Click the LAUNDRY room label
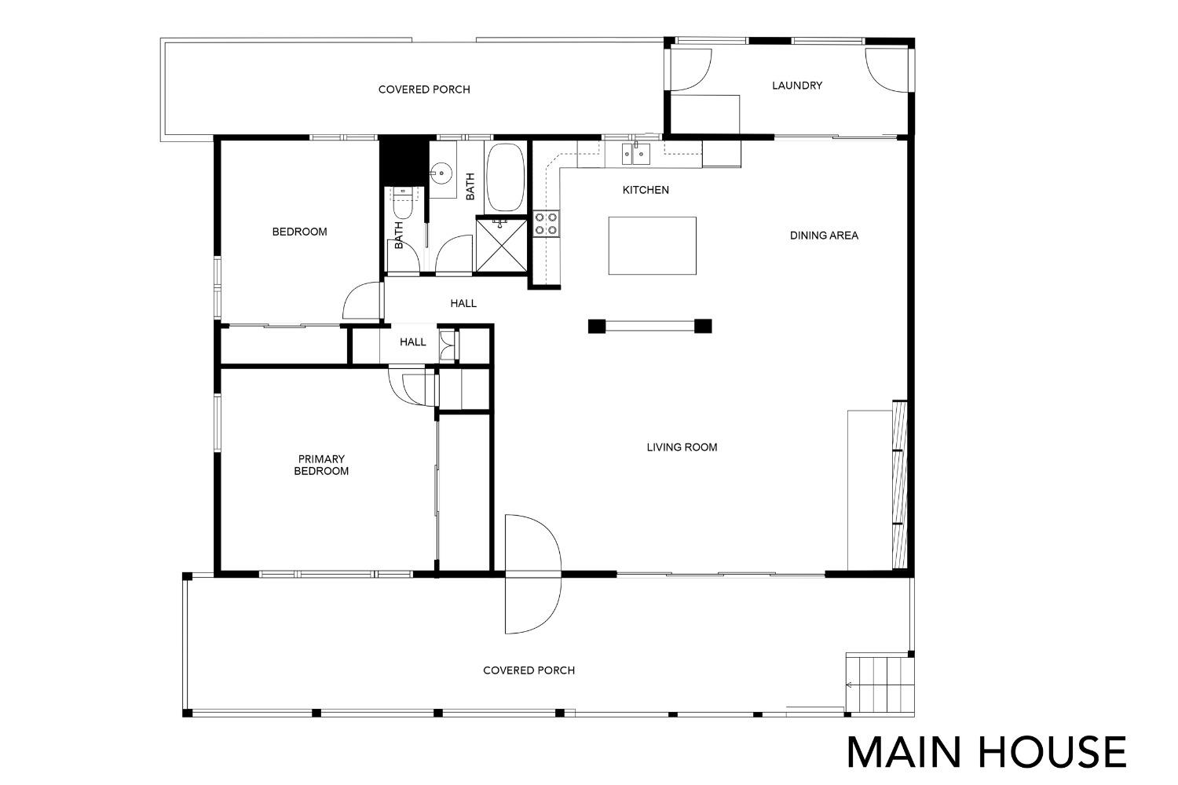pyautogui.click(x=797, y=86)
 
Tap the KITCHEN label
pyautogui.click(x=646, y=190)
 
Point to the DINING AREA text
pyautogui.click(x=824, y=235)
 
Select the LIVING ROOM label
pyautogui.click(x=682, y=447)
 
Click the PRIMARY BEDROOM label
pyautogui.click(x=320, y=466)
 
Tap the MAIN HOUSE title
pyautogui.click(x=986, y=752)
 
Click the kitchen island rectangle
pyautogui.click(x=652, y=246)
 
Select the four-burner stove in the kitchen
pyautogui.click(x=547, y=224)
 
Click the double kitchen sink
pyautogui.click(x=636, y=154)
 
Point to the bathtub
pyautogui.click(x=505, y=177)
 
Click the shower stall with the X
pyautogui.click(x=501, y=246)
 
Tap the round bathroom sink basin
pyautogui.click(x=441, y=172)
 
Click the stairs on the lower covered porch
pyautogui.click(x=880, y=684)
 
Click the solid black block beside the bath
pyautogui.click(x=402, y=159)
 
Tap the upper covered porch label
pyautogui.click(x=424, y=90)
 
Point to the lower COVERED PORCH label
pyautogui.click(x=529, y=671)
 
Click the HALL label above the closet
pyautogui.click(x=463, y=303)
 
